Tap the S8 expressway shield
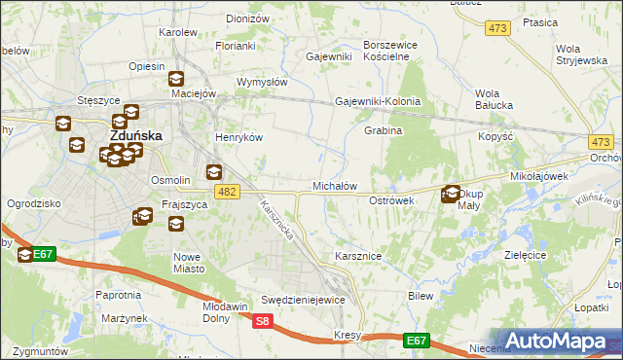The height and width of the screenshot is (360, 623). click(261, 320)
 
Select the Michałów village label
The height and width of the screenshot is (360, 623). click(334, 185)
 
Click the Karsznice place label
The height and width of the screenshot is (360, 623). click(357, 256)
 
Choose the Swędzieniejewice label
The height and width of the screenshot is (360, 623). click(303, 300)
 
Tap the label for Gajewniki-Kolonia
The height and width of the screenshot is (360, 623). click(378, 101)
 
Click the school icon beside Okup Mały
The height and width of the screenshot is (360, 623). click(451, 194)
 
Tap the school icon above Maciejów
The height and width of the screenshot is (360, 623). click(176, 79)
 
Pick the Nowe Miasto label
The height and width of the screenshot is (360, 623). click(198, 263)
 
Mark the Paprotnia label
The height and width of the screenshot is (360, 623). click(119, 294)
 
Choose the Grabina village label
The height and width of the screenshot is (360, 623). click(383, 130)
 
